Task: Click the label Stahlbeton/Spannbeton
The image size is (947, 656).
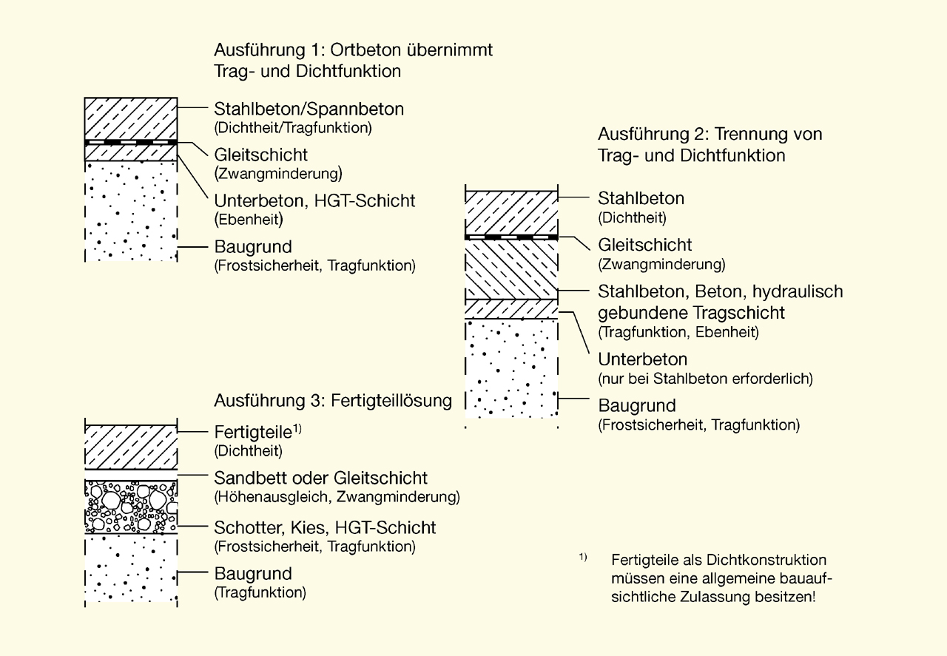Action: pyautogui.click(x=309, y=109)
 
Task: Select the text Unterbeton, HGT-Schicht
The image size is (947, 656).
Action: pyautogui.click(x=314, y=200)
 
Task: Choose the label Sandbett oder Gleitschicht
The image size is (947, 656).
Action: pyautogui.click(x=320, y=478)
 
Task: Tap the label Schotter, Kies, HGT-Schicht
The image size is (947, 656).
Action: pyautogui.click(x=325, y=528)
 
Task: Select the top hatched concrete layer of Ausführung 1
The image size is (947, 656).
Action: pyautogui.click(x=131, y=118)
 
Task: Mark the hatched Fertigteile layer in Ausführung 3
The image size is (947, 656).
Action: pyautogui.click(x=131, y=446)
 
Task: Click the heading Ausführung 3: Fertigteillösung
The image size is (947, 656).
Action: pyautogui.click(x=333, y=401)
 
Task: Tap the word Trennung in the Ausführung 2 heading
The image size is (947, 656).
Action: pyautogui.click(x=756, y=135)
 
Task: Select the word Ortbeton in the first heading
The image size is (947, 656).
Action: pyautogui.click(x=368, y=51)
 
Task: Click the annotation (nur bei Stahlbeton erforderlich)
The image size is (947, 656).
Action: pyautogui.click(x=705, y=379)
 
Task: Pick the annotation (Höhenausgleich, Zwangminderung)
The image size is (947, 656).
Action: pyautogui.click(x=337, y=497)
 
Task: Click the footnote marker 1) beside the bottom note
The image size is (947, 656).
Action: pyautogui.click(x=583, y=557)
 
